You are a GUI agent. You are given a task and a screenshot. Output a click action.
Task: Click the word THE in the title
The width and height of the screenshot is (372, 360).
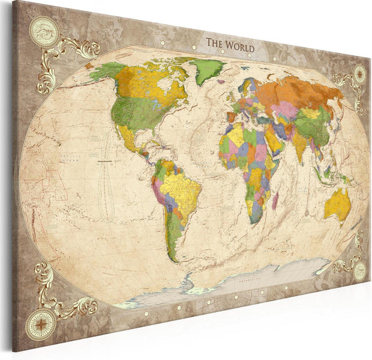[x=214, y=43]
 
